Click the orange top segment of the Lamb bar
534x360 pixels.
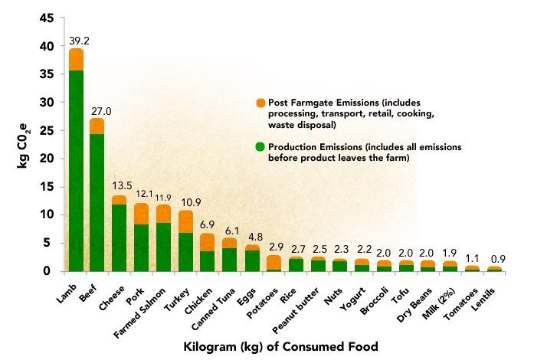[x=76, y=60]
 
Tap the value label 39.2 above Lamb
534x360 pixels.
[x=76, y=41]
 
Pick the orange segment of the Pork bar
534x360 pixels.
[x=141, y=214]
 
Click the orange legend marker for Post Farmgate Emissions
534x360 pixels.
[x=261, y=103]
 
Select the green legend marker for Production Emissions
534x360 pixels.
[x=261, y=146]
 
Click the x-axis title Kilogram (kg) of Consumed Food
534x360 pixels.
[x=282, y=346]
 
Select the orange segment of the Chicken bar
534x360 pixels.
[x=207, y=242]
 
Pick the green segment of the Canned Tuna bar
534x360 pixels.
[x=229, y=260]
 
